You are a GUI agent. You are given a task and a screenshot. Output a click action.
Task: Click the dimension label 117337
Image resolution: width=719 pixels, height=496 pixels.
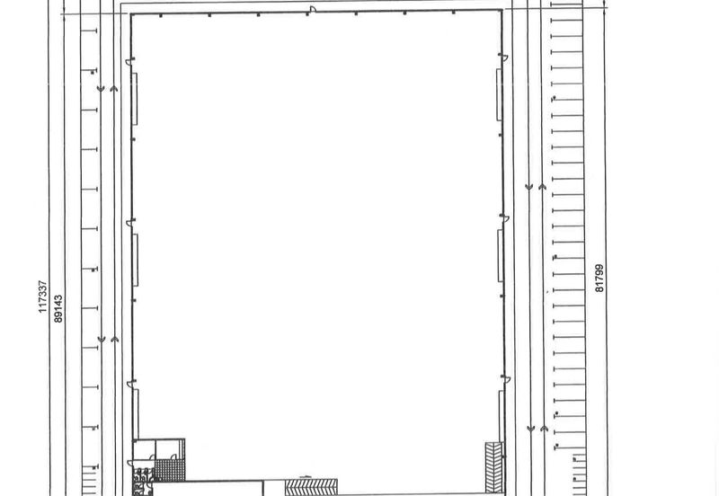[x=42, y=297]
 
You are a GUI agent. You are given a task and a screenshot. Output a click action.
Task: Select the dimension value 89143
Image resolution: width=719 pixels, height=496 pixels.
[x=58, y=308]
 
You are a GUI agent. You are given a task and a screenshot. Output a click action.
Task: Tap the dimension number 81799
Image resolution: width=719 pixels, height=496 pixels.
[x=599, y=279]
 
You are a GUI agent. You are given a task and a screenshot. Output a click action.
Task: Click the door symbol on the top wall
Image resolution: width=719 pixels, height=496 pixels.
[x=313, y=9]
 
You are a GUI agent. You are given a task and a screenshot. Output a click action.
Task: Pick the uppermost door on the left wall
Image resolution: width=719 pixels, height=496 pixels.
[x=129, y=61]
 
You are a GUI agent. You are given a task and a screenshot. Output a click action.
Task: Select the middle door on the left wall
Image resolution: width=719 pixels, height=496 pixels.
[x=130, y=223]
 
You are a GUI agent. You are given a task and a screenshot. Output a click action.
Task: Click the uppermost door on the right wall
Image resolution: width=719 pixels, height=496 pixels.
[x=503, y=58]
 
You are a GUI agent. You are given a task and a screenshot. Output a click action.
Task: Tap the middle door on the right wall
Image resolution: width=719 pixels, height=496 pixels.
[x=504, y=217]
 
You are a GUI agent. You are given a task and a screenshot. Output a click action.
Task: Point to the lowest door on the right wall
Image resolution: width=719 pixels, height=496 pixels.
[x=506, y=379]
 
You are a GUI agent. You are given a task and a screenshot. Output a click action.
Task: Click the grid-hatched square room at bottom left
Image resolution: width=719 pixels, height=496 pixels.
[x=170, y=470]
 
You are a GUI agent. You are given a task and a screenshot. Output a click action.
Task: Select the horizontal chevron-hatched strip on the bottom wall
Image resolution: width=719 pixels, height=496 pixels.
[x=311, y=487]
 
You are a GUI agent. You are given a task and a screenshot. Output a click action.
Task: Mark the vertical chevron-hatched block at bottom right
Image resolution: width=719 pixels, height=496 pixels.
[x=494, y=467]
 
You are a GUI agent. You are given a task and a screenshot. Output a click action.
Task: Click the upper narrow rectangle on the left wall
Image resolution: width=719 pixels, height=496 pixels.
[x=135, y=99]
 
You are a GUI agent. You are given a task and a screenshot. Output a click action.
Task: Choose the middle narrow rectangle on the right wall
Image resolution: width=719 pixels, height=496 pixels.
[x=501, y=256]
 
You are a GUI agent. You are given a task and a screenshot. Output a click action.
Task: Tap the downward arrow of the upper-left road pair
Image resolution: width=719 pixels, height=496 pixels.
[x=101, y=88]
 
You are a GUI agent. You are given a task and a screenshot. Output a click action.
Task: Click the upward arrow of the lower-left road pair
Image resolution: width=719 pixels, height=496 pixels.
[x=115, y=340]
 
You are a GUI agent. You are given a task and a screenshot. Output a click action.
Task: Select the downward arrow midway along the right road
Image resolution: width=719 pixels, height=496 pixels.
[x=528, y=187]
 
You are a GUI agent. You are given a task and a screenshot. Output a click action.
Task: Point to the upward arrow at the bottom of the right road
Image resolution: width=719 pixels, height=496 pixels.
[x=544, y=429]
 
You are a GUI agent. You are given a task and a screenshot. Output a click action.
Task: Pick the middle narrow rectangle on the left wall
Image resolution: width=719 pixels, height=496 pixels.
[x=136, y=260]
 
